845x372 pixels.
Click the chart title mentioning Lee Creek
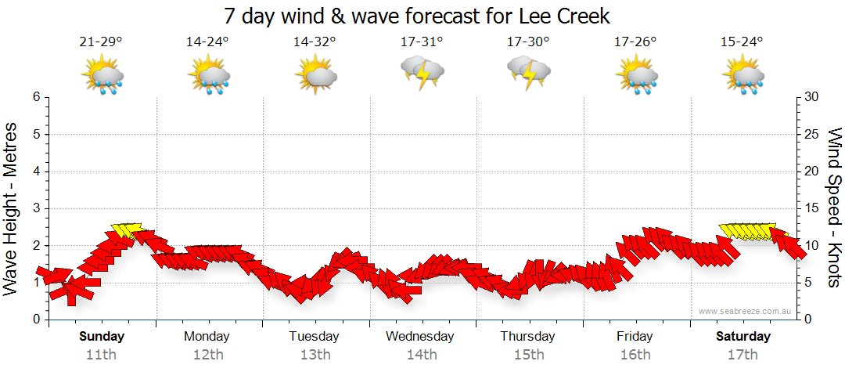(416, 16)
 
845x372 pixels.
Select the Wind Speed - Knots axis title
(834, 208)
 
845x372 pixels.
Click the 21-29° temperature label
(101, 42)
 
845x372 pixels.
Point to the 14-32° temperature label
(315, 42)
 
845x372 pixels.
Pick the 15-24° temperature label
(742, 42)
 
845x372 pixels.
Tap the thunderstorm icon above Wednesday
(422, 72)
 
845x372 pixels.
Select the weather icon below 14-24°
(208, 76)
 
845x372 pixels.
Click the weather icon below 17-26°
(635, 76)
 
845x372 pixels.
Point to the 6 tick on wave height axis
(36, 97)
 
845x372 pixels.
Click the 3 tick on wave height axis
(36, 208)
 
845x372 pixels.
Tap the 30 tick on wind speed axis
(813, 97)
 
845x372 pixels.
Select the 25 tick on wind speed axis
(813, 134)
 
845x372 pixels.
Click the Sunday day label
(102, 337)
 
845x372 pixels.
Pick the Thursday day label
(528, 337)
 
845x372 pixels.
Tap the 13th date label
(315, 354)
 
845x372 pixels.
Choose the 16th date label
(635, 354)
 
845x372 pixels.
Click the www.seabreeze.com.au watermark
(746, 311)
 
